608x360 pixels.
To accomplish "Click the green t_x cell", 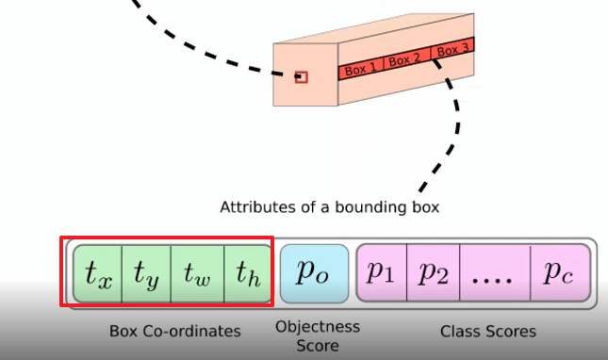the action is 98,273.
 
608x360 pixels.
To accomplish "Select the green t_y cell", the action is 146,273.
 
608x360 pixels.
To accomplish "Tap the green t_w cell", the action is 197,273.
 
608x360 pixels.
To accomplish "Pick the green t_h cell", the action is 248,273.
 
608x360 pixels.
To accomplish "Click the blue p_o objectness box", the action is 314,273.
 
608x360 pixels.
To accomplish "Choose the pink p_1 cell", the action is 382,272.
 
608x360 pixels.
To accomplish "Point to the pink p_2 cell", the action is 433,272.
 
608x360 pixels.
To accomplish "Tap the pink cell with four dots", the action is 495,272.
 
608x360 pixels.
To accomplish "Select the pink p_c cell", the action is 560,272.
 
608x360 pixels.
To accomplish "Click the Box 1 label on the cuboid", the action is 361,70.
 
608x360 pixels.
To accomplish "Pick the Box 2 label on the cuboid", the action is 404,60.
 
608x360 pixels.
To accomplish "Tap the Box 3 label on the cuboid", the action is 452,50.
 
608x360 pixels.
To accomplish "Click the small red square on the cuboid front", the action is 302,77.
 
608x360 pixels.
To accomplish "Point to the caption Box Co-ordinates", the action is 175,332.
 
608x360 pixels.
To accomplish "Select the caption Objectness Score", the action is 318,336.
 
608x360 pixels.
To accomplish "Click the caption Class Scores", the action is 488,332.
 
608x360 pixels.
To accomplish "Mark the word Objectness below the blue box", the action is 318,327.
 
